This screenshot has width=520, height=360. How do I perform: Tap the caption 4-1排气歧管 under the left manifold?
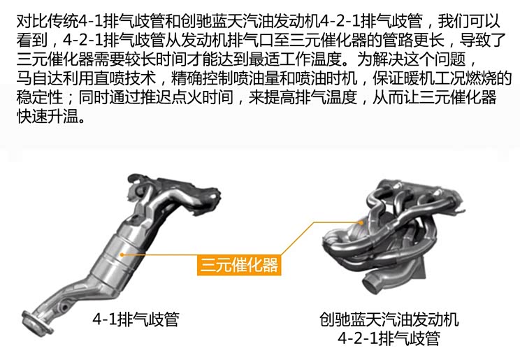coord(136,320)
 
